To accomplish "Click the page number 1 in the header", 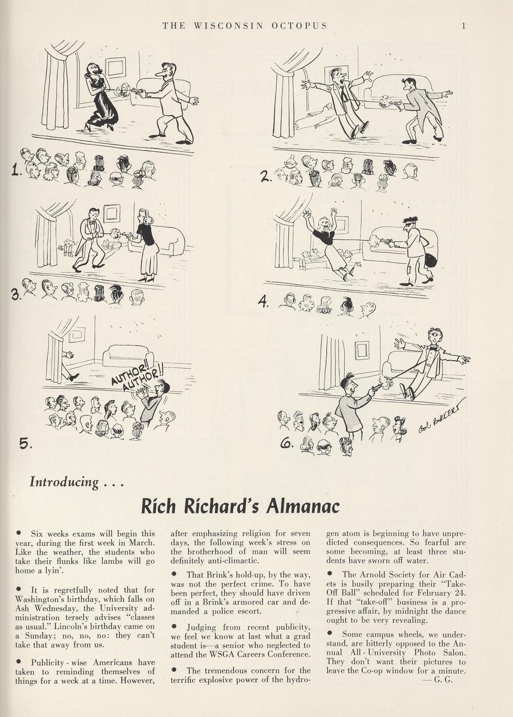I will point(464,25).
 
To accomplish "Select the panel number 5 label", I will point(24,443).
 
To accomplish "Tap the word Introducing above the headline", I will point(64,482).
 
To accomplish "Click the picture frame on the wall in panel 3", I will point(112,213).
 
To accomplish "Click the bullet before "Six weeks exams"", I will point(19,533).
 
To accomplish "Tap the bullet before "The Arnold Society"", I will point(330,574).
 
